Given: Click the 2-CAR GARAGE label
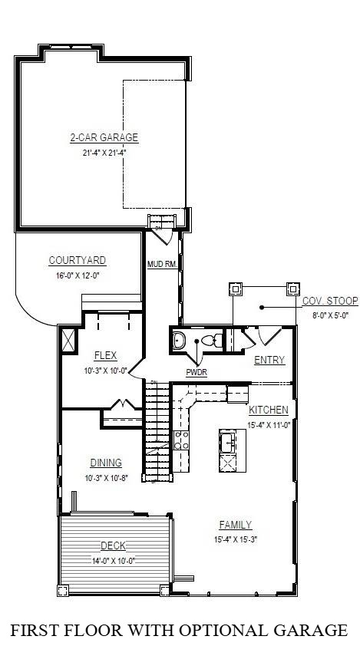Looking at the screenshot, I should tap(104, 138).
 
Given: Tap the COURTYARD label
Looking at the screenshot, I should tap(78, 260).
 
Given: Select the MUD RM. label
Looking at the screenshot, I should tap(162, 265).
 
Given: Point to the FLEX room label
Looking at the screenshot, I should tap(105, 355).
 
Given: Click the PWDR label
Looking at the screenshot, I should tap(197, 373).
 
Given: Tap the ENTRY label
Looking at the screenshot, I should tap(269, 360).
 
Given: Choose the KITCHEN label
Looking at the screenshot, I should tap(268, 410).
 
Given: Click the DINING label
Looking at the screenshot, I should tap(106, 463).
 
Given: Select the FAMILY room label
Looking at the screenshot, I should tap(235, 525).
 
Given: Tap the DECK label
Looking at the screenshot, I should tap(113, 546).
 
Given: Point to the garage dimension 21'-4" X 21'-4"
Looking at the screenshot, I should tap(104, 152).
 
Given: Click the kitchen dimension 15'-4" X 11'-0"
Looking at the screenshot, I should tap(268, 424).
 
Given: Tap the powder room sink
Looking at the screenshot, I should tap(180, 340).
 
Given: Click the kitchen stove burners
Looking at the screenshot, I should tap(180, 440).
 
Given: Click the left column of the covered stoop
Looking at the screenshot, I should tap(235, 289).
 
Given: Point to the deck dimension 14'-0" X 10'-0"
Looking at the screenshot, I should tap(113, 560).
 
